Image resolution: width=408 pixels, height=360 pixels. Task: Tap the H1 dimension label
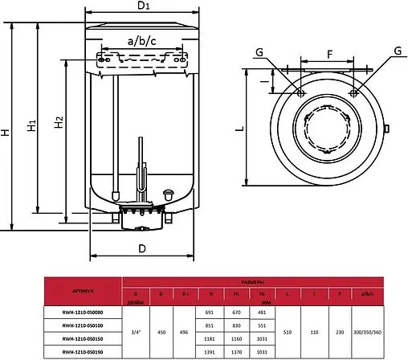[x=31, y=126]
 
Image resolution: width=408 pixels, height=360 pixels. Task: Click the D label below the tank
[x=141, y=248]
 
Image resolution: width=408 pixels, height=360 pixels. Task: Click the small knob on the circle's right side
[x=388, y=129]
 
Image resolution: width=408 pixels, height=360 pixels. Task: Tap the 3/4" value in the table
[x=134, y=331]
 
